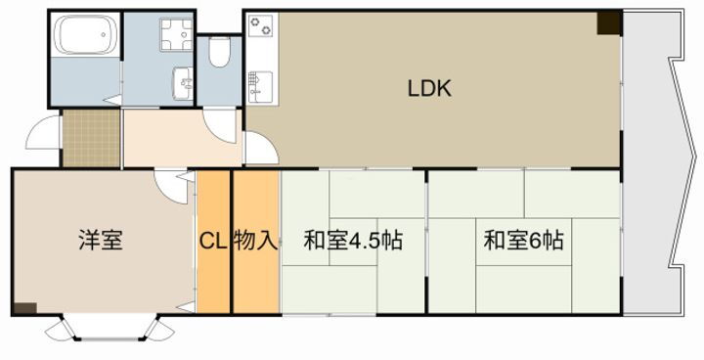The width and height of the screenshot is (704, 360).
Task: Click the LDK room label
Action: point(428,89)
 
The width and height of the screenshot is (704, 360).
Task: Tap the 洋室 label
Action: point(101,241)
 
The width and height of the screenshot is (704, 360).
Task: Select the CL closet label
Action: point(213,241)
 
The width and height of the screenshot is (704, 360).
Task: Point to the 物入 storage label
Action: point(255,241)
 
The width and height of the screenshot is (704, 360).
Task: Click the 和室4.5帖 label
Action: point(353,241)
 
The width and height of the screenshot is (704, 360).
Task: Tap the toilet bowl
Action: point(219,50)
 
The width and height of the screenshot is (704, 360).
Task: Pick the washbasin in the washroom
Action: point(183,83)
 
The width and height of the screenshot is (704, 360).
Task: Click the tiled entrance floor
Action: point(91,140)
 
